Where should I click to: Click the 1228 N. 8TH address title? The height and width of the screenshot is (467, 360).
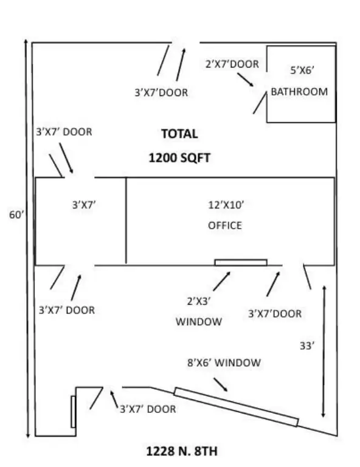click(x=182, y=451)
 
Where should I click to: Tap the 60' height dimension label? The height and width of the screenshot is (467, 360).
click(x=16, y=215)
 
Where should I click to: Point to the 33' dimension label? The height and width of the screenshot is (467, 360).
click(x=307, y=346)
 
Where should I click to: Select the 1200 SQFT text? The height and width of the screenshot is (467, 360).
click(x=179, y=157)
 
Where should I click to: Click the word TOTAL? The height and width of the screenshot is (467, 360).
click(x=179, y=134)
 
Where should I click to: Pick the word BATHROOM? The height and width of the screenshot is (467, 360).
click(x=299, y=91)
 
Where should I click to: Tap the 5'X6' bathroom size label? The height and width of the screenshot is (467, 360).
click(x=302, y=71)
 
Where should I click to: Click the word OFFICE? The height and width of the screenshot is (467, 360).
click(x=225, y=226)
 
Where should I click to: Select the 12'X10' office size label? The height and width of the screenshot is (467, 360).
click(x=226, y=205)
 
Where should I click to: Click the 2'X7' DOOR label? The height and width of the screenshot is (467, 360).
click(x=232, y=64)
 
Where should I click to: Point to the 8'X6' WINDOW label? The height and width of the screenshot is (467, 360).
click(x=224, y=362)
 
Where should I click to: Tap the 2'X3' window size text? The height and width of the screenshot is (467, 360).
click(x=199, y=301)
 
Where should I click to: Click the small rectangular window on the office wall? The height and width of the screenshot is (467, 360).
click(x=241, y=263)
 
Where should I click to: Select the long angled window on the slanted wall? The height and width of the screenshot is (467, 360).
click(x=236, y=407)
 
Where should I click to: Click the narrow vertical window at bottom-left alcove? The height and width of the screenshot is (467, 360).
click(x=73, y=412)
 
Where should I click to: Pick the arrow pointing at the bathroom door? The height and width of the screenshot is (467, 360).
click(x=245, y=80)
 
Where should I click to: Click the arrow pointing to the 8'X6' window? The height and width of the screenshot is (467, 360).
click(x=221, y=384)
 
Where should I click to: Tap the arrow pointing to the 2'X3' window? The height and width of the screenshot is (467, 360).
click(x=222, y=281)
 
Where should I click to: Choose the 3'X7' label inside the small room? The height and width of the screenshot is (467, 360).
click(x=84, y=205)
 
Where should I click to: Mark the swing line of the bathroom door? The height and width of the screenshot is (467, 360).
click(x=260, y=103)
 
